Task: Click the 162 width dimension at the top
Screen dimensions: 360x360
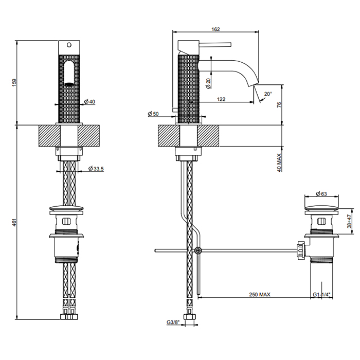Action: click(216, 29)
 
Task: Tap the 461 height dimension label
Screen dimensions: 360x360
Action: click(15, 222)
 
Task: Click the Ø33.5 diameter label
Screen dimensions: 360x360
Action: click(96, 169)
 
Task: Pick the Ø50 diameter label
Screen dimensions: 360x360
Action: click(153, 114)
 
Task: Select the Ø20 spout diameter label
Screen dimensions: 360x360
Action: click(208, 83)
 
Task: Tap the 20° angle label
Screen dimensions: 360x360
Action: click(268, 94)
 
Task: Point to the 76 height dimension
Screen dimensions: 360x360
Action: click(278, 105)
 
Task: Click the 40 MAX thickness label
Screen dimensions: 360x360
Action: click(278, 162)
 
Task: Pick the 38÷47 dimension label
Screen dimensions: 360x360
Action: click(350, 222)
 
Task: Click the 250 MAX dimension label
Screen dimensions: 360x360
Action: click(260, 295)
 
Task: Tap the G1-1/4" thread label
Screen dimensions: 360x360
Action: click(321, 295)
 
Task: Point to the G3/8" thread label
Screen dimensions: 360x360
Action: click(173, 322)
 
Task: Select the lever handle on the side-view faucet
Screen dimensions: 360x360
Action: click(215, 43)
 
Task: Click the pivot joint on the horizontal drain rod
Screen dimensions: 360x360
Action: click(198, 250)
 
